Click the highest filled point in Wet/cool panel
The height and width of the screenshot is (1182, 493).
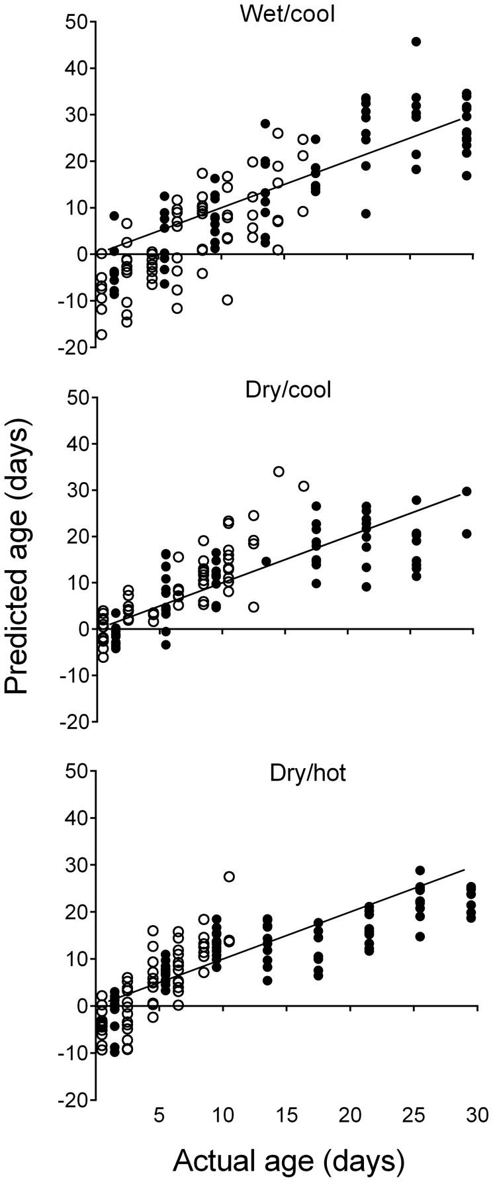416,42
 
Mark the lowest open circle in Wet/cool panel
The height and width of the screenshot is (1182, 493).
101,334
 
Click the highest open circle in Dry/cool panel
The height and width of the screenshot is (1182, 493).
279,471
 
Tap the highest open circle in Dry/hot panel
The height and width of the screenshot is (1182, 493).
229,877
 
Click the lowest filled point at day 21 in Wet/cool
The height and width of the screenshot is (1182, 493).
365,213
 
